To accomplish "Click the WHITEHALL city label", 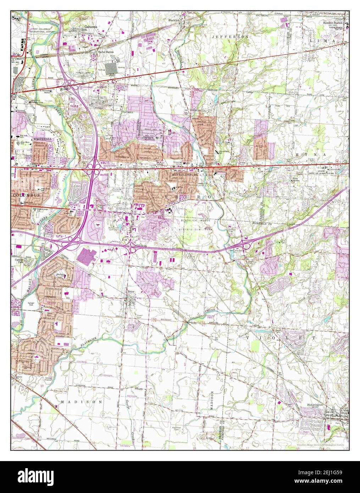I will (43, 139).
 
